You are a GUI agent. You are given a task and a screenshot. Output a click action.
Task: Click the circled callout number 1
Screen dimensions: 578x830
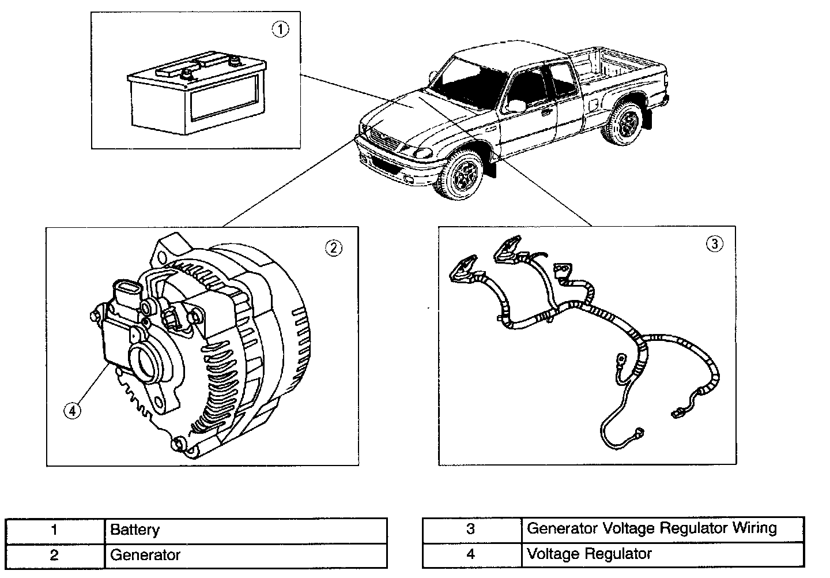tap(280, 29)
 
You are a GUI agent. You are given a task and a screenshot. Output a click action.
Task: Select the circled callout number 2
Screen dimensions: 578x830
tap(334, 248)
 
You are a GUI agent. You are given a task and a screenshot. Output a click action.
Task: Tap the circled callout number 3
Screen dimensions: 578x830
tap(714, 244)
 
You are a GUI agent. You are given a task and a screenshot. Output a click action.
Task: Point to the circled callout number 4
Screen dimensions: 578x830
tap(72, 410)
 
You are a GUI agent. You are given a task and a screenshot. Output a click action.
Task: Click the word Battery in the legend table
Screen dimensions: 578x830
tap(135, 530)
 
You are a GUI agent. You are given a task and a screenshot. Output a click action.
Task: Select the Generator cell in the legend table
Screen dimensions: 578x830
tap(145, 556)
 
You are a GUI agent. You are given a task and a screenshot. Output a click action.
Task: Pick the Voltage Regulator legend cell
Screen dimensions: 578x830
tap(589, 554)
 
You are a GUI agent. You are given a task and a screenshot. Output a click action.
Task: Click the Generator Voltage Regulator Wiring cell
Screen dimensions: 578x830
tap(652, 528)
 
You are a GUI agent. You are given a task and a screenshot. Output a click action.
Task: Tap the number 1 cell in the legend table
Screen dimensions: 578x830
tap(54, 530)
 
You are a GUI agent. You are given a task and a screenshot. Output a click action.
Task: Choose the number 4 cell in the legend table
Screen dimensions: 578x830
tap(471, 554)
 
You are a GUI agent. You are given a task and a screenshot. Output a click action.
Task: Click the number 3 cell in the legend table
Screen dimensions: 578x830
tap(471, 529)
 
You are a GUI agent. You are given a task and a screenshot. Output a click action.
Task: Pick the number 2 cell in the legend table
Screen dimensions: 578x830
tap(54, 556)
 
